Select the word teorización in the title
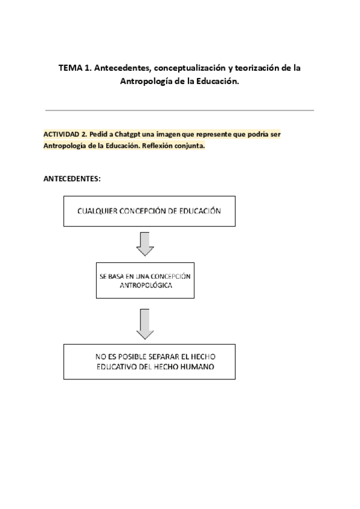coord(250,68)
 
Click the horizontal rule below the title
coord(179,110)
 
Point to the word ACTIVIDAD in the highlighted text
coord(61,134)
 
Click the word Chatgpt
coord(124,134)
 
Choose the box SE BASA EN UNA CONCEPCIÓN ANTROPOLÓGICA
coord(145,280)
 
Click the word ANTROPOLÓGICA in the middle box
coord(145,286)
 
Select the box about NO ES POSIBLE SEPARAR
coord(149,361)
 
